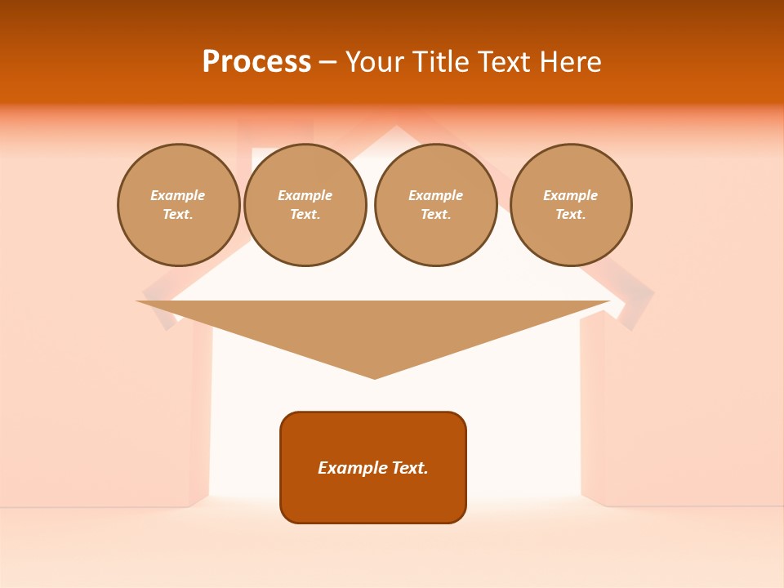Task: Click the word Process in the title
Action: (256, 62)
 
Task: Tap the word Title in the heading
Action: (440, 62)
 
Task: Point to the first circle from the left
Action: (178, 205)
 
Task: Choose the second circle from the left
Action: (305, 205)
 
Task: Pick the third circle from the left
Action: (435, 205)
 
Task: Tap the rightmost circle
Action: (570, 205)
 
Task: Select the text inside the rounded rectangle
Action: (373, 468)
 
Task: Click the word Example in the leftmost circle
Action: (178, 196)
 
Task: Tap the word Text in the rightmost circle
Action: (569, 215)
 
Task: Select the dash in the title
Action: (327, 63)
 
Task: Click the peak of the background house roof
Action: (396, 127)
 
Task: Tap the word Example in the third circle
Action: (435, 196)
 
